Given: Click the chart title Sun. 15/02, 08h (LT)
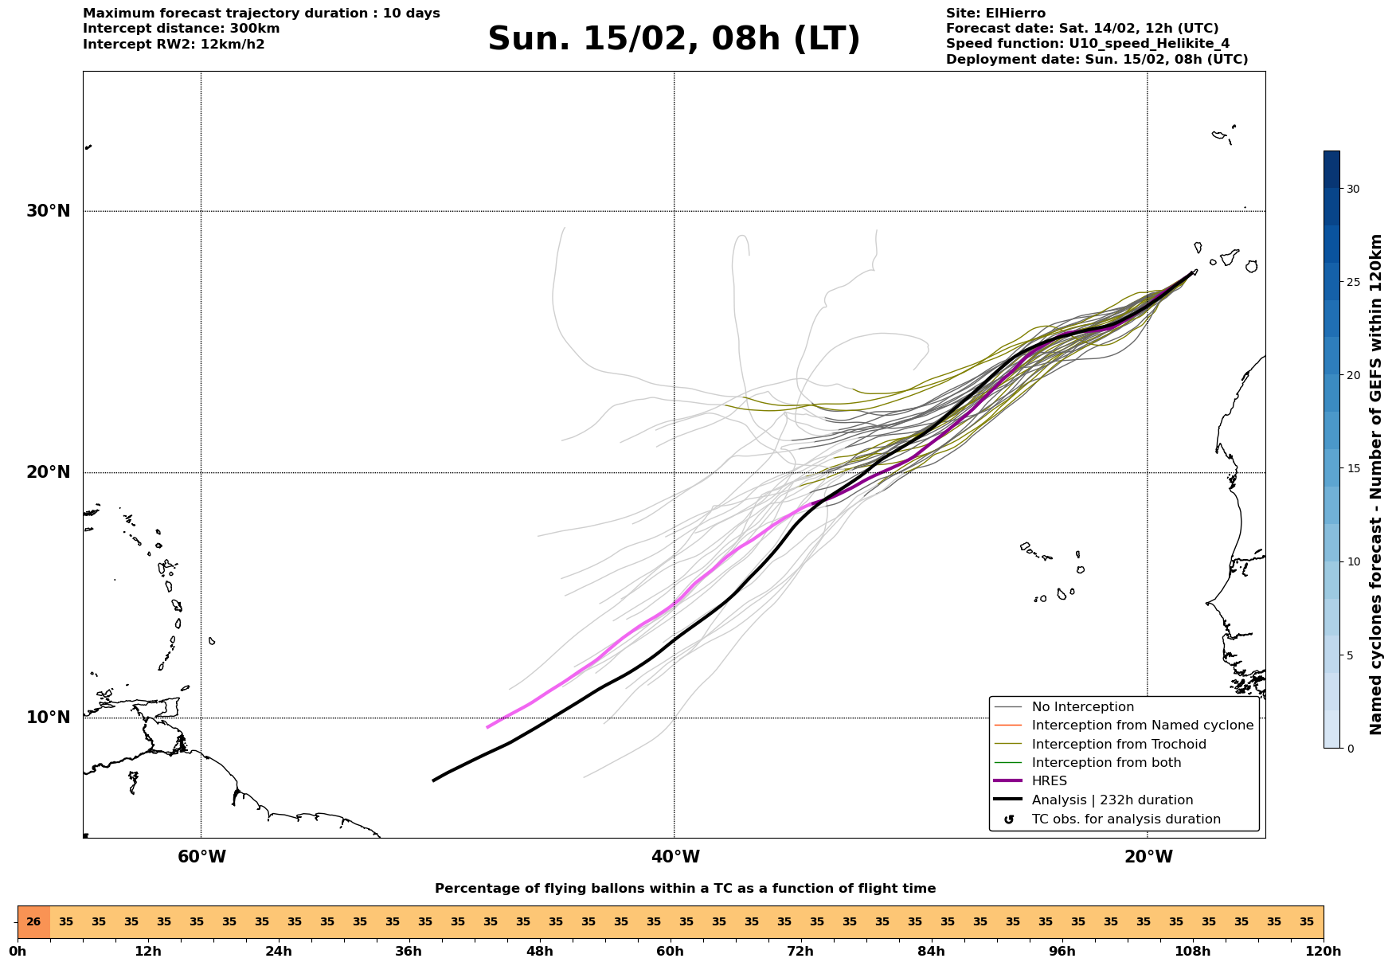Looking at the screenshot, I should point(674,39).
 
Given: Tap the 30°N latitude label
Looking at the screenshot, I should point(48,211).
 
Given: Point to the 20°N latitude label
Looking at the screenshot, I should point(48,472).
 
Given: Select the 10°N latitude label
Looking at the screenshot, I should point(48,718).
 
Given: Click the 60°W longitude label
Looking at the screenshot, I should point(201,857).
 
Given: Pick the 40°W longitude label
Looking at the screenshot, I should point(675,857).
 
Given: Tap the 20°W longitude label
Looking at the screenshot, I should point(1148,857).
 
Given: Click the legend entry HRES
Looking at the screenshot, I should point(1049,781).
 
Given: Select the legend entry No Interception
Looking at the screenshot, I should point(1082,707).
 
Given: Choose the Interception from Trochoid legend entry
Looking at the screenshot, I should point(1118,745).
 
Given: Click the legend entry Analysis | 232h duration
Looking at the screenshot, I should point(1112,800).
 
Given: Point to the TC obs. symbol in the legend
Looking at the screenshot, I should point(1009,819).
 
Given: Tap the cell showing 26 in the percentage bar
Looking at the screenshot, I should point(33,922).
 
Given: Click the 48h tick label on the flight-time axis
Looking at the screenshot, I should point(539,952).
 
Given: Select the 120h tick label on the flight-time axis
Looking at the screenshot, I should point(1324,952).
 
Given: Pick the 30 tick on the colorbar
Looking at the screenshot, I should point(1353,189).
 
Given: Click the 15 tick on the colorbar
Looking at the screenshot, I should point(1353,468).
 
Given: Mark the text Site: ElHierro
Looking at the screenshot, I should point(995,14).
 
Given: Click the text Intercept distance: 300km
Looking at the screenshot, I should point(181,29).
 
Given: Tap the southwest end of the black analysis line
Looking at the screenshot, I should point(433,780).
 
